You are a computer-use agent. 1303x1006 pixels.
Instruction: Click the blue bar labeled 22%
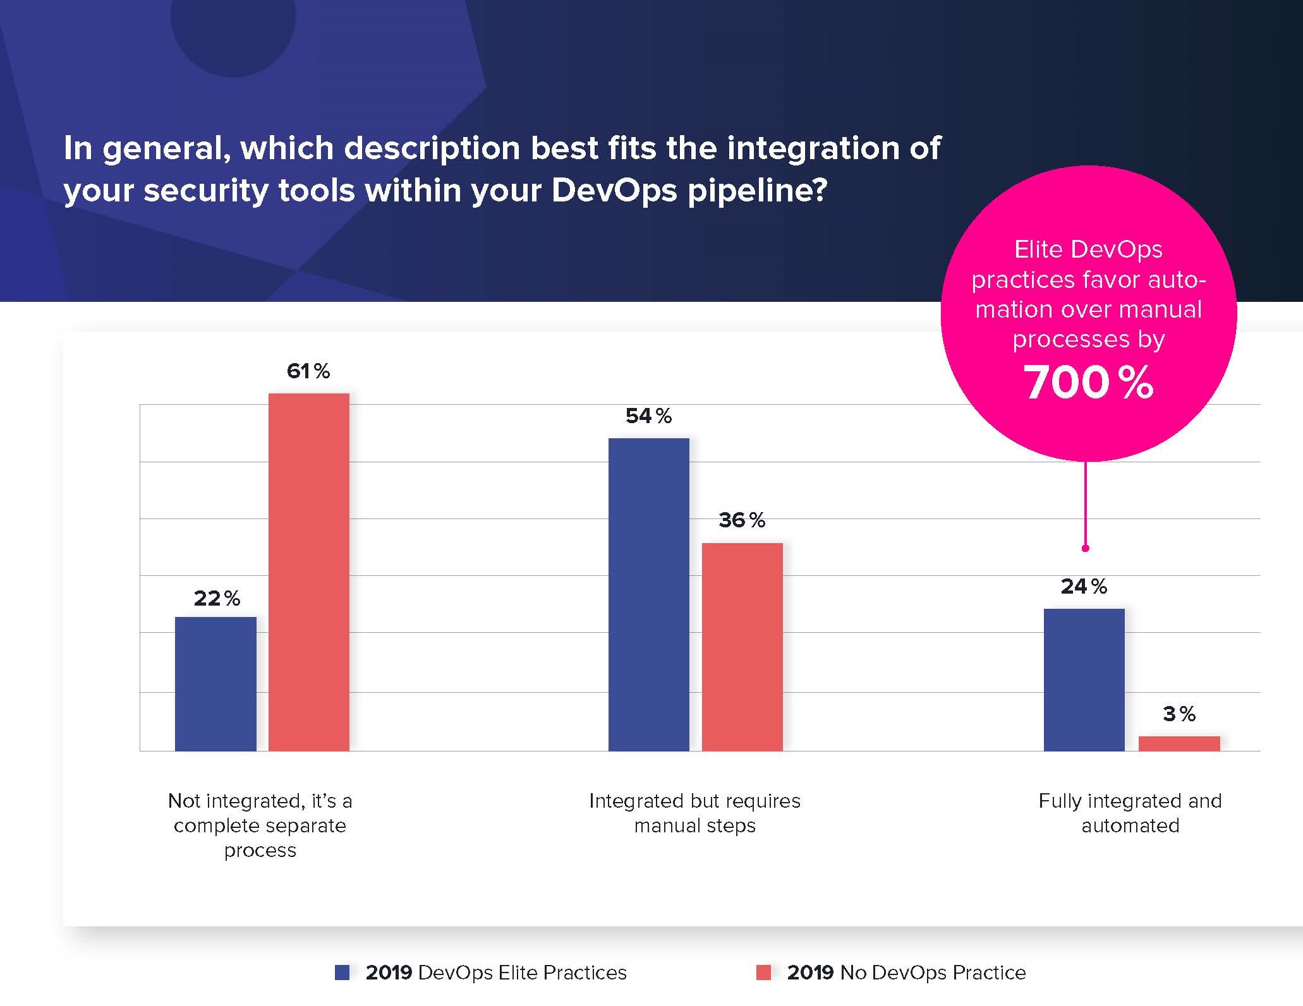[215, 683]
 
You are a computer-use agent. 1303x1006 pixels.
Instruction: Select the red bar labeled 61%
[309, 572]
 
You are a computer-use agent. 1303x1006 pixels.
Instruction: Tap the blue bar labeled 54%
[648, 594]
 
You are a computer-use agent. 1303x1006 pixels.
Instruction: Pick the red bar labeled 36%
[742, 647]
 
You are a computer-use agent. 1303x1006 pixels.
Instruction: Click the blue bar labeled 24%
[1084, 680]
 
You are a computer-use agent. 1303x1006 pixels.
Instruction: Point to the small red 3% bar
[1179, 743]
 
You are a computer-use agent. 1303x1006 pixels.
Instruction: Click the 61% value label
[308, 371]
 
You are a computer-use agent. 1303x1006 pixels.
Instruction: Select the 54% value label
[648, 416]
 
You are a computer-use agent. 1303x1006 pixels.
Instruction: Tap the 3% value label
[1179, 714]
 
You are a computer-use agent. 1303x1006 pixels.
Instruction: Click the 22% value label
[217, 598]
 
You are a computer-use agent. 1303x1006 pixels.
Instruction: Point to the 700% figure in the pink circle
[1088, 383]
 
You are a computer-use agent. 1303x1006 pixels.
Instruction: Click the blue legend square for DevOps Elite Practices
[342, 973]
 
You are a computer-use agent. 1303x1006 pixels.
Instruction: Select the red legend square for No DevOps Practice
[763, 973]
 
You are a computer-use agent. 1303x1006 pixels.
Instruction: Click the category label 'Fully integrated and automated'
[1130, 813]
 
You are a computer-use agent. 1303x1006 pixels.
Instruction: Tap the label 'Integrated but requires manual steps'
[694, 813]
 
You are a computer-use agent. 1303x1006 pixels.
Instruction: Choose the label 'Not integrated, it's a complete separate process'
[260, 825]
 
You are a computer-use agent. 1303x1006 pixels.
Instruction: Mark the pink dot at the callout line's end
[1086, 548]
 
